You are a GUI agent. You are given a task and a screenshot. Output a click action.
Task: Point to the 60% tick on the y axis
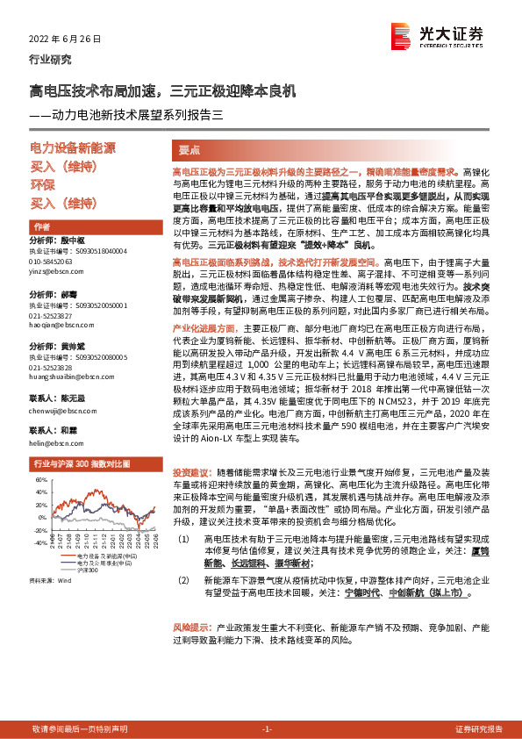coord(41,480)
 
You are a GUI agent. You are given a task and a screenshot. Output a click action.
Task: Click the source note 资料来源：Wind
coord(48,581)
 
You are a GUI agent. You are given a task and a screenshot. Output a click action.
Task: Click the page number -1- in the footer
coord(268,728)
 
